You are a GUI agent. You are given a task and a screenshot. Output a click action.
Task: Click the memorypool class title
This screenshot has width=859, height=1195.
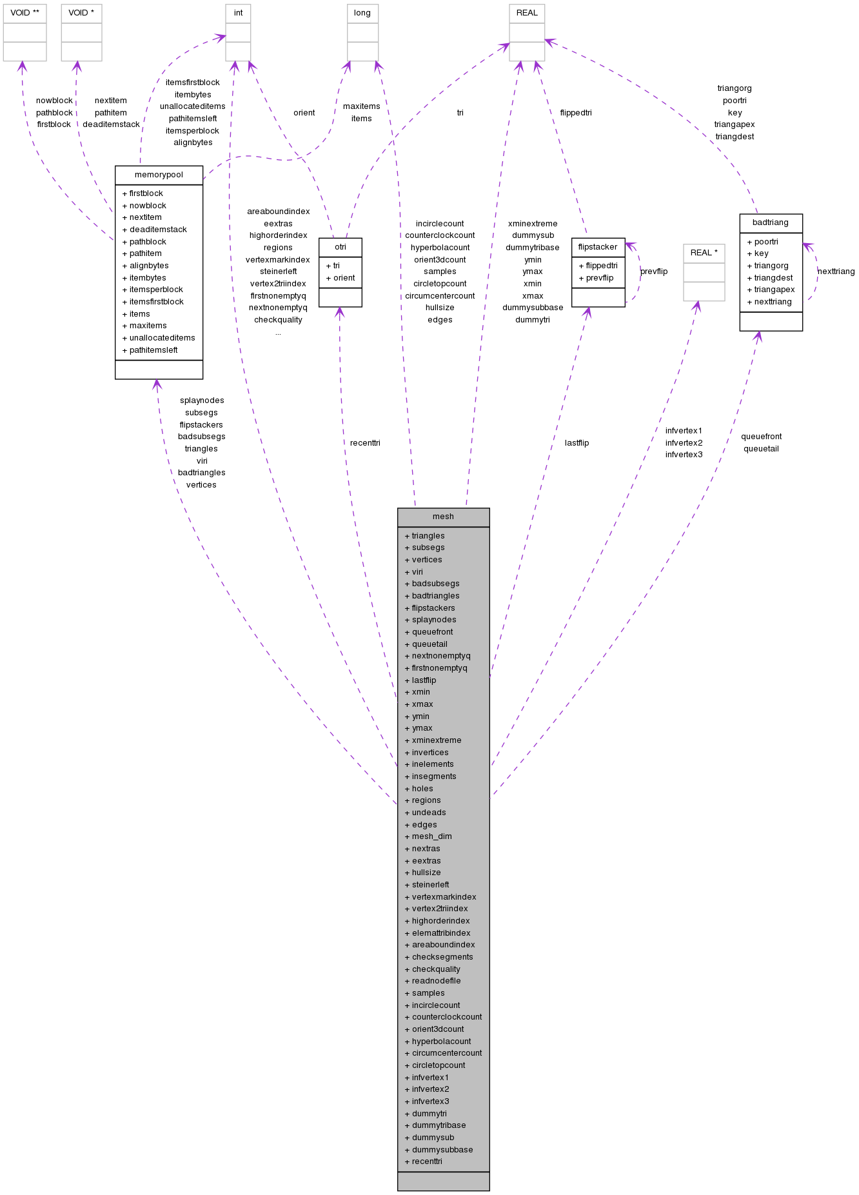click(159, 175)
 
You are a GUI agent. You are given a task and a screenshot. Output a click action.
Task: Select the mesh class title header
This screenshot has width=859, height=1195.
click(443, 517)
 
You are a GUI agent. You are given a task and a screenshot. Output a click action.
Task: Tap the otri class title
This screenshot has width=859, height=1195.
click(340, 247)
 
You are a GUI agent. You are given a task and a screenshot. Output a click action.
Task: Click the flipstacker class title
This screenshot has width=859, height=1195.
click(598, 247)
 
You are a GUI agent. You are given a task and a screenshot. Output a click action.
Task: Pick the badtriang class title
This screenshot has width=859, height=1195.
click(771, 222)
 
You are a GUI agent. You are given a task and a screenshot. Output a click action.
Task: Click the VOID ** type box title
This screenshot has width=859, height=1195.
click(25, 13)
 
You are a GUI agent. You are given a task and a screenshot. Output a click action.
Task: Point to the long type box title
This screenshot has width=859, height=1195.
click(362, 13)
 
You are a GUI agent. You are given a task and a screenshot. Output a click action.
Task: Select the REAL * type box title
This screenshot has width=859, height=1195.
click(704, 253)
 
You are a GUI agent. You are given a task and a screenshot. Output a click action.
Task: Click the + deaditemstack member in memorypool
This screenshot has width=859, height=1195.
click(158, 230)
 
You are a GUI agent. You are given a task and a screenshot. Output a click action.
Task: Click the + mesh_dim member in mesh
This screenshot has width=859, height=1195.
click(431, 836)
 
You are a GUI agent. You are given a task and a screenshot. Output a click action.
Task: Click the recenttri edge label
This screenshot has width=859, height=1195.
click(365, 443)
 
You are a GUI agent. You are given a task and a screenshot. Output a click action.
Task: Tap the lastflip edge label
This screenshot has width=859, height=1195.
click(577, 443)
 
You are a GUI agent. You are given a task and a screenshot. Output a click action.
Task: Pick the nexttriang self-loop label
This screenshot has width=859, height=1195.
click(836, 272)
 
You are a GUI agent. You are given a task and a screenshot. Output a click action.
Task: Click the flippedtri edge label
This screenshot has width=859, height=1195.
click(576, 113)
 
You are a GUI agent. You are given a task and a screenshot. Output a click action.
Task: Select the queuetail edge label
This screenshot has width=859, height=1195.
click(761, 449)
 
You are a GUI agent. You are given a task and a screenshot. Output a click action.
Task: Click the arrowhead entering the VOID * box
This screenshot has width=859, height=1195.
click(77, 66)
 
